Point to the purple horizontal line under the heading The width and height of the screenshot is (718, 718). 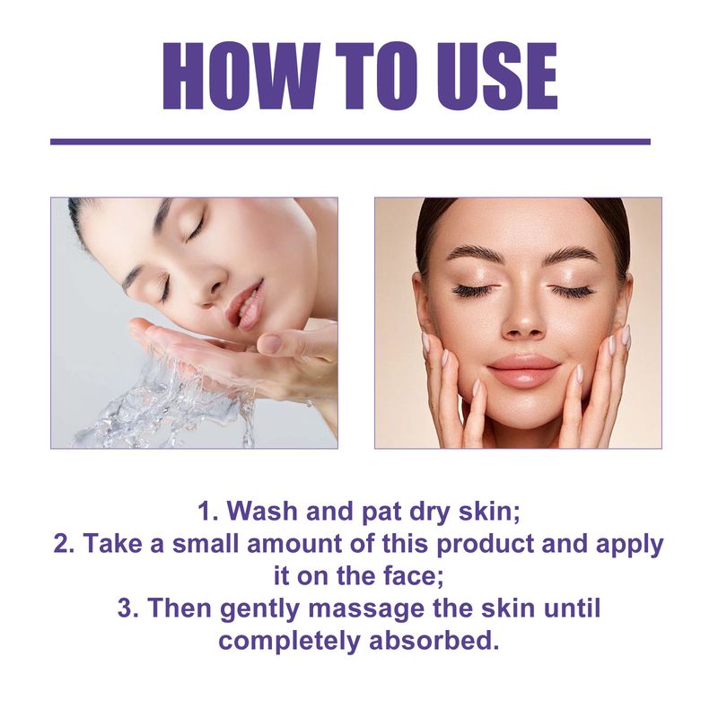350,141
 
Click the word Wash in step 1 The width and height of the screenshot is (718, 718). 260,512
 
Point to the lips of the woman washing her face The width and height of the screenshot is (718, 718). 243,305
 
